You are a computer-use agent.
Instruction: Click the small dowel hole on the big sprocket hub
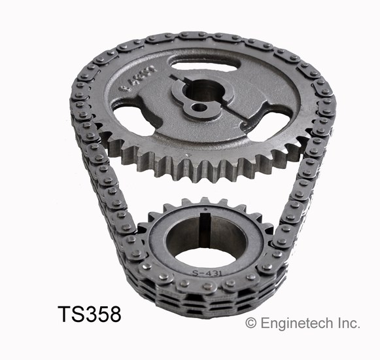tap(194, 105)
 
